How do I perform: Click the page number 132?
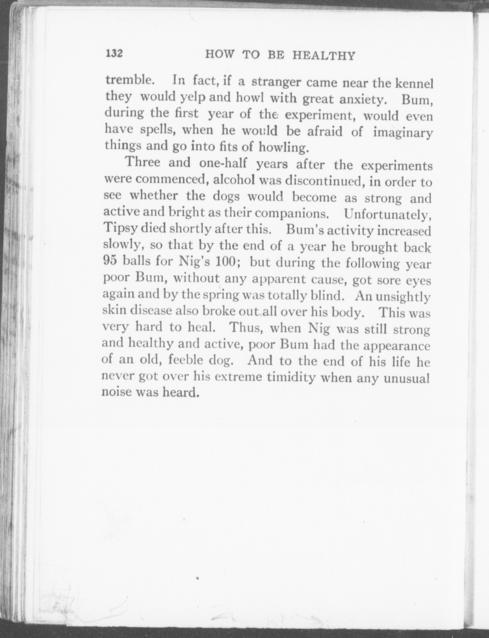[x=115, y=53]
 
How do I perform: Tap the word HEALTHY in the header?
[x=324, y=56]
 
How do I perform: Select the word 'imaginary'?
[x=403, y=133]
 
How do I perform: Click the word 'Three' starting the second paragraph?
[x=143, y=162]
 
